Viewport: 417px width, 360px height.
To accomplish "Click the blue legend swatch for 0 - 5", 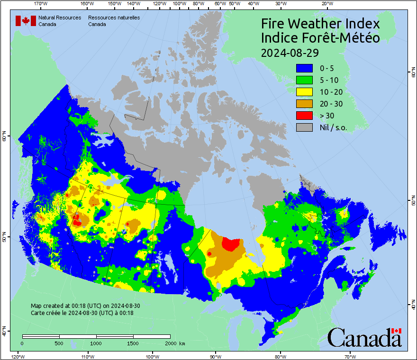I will pos(304,68).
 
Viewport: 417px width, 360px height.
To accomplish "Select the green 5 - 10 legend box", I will pos(304,80).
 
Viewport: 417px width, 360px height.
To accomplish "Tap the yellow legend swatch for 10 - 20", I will pos(304,92).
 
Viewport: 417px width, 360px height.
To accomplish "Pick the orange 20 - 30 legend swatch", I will pos(304,104).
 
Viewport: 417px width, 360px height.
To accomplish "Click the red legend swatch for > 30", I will pos(304,115).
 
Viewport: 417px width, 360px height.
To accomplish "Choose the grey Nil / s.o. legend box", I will pos(304,127).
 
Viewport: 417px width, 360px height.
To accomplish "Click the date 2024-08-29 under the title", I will pos(290,52).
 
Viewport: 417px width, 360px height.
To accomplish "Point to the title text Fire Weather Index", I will pos(320,24).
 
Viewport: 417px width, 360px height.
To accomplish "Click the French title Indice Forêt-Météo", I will pos(320,38).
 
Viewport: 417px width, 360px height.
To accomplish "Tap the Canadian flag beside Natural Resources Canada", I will pos(26,21).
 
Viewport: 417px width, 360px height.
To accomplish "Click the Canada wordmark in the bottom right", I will pos(364,338).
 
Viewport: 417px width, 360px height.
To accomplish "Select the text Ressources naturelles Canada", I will pos(114,21).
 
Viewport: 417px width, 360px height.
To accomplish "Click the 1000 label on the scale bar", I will pos(96,343).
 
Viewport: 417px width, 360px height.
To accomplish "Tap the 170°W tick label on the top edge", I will pos(41,3).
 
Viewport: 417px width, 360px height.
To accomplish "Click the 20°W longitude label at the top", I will pos(326,3).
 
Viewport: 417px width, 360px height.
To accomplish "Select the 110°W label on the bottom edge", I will pos(87,356).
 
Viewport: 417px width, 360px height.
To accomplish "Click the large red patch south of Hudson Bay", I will pos(231,244).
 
